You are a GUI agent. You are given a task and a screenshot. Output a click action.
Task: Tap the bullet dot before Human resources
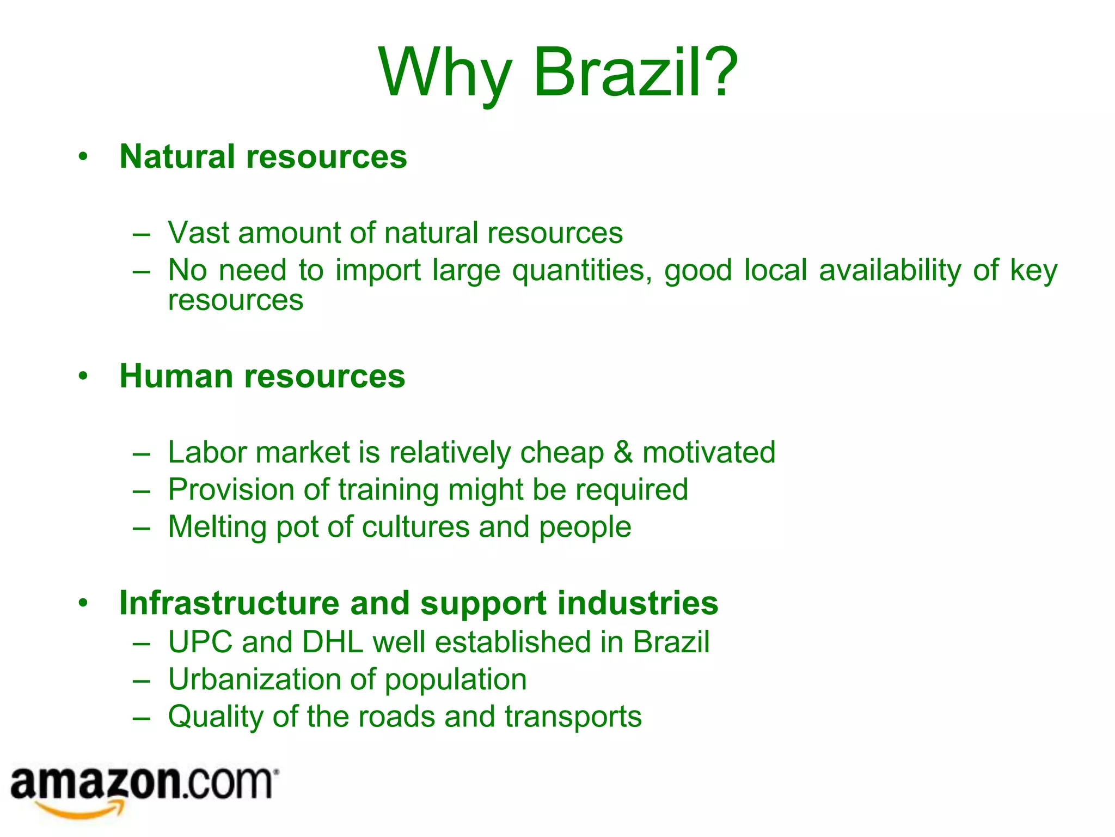(x=83, y=376)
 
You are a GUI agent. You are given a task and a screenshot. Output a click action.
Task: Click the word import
(x=378, y=271)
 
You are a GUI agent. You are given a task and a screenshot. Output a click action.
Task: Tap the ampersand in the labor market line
(x=623, y=452)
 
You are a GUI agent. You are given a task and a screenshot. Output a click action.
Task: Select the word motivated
(x=709, y=452)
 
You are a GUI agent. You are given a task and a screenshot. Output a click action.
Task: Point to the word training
(x=388, y=490)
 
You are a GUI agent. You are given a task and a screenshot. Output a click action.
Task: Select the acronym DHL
(x=333, y=642)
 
